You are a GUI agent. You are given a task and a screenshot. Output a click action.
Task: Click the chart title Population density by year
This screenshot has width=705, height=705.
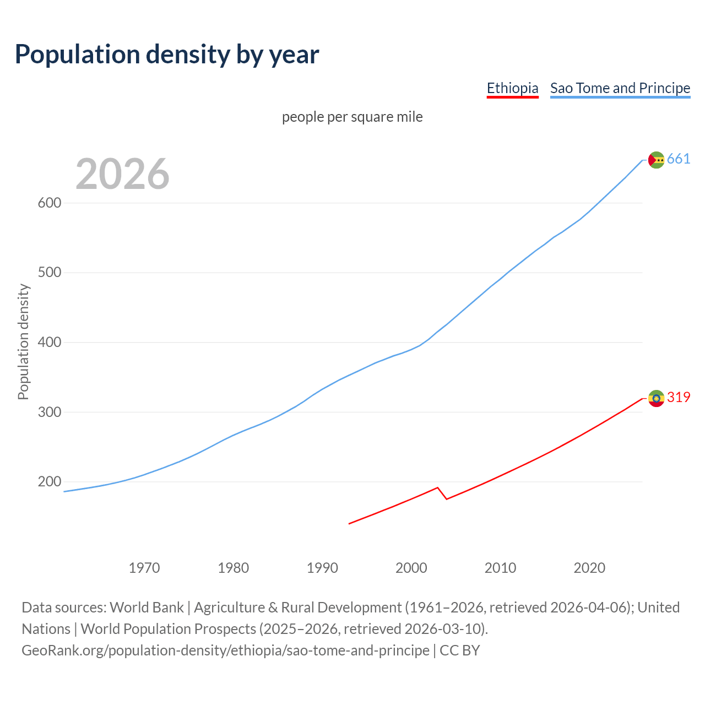167,55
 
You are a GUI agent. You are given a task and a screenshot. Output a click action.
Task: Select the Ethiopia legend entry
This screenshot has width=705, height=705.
512,88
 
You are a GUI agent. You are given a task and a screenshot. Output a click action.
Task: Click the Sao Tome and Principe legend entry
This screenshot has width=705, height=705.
620,88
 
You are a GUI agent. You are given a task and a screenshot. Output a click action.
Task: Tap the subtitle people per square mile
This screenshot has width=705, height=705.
352,117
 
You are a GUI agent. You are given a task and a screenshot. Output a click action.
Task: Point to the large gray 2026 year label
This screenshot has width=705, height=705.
122,174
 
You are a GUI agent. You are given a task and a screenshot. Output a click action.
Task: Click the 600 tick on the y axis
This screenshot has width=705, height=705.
49,203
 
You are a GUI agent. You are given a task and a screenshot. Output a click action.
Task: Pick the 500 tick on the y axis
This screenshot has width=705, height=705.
49,273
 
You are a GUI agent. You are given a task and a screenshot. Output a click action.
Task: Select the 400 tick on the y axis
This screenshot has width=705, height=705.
49,342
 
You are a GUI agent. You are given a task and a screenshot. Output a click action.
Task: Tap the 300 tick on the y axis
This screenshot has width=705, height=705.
49,412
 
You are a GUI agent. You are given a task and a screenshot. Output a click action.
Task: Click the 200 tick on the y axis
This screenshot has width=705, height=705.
49,482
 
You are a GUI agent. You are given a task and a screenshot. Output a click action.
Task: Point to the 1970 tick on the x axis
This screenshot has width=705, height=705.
144,568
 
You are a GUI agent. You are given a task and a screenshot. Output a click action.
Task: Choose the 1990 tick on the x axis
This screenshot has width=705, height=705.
322,568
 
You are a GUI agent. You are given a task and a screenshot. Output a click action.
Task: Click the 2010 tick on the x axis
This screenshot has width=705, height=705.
500,568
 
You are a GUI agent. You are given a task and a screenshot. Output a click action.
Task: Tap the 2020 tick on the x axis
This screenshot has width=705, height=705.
589,568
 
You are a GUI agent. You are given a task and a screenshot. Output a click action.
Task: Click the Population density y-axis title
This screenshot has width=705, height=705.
23,341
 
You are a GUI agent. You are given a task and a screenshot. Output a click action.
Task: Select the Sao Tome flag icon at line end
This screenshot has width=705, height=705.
656,160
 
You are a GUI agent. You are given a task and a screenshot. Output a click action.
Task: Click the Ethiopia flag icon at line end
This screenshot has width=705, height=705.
656,398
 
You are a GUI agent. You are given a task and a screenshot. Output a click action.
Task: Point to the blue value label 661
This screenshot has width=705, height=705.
679,159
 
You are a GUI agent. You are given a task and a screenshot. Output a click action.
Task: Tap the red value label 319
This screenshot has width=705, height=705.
679,398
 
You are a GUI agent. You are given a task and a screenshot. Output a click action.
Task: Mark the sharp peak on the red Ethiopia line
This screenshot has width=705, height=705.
437,487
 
